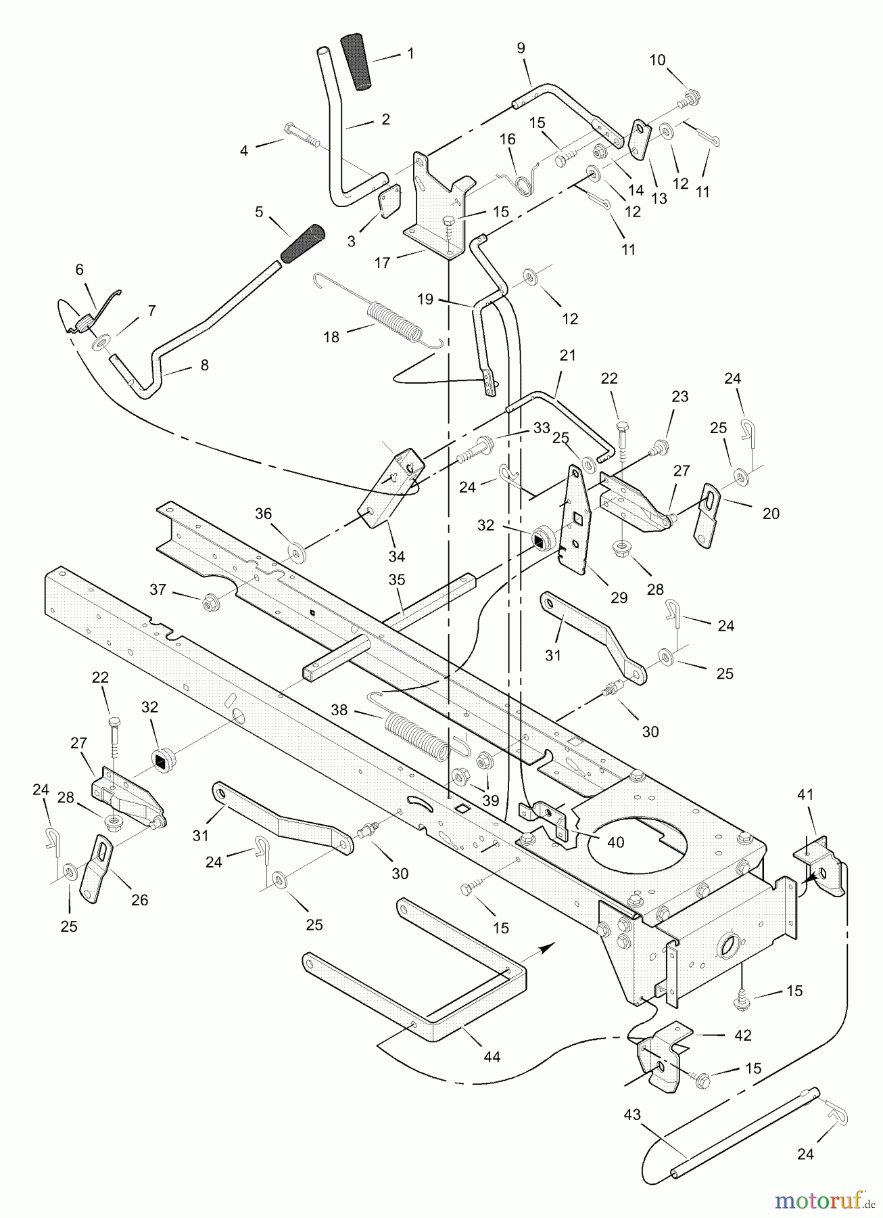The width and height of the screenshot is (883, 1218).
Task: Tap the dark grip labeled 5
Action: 304,244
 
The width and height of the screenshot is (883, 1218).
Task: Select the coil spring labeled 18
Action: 379,313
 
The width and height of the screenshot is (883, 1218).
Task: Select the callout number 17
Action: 383,263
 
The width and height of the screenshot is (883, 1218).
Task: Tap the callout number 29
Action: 619,597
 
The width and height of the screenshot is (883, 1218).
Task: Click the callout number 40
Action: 615,843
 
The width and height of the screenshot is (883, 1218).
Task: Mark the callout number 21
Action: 567,355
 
